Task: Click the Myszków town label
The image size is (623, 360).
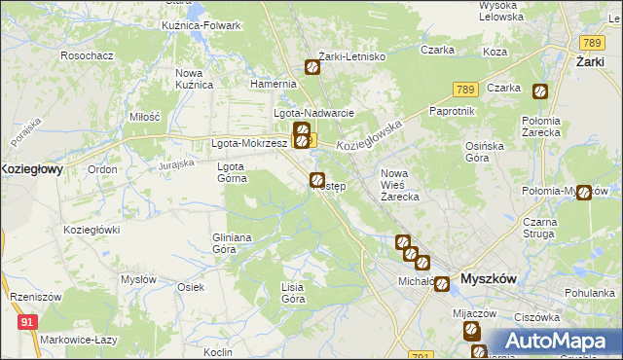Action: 488,277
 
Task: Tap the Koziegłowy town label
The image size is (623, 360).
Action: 31,168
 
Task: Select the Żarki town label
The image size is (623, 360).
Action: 585,61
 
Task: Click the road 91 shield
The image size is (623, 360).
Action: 27,319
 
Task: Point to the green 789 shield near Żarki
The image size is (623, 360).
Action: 590,43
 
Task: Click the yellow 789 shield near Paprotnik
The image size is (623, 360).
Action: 464,90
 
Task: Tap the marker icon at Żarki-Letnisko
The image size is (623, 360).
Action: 312,67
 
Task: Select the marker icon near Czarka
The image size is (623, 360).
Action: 540,92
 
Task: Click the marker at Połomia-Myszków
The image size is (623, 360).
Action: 583,193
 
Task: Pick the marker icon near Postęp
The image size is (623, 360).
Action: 316,179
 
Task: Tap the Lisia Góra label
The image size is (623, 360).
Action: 292,293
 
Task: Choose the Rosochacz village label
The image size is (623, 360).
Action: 88,55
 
